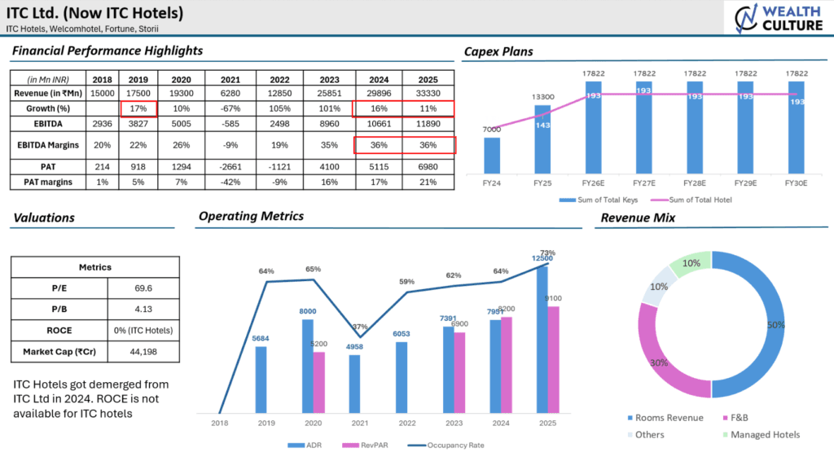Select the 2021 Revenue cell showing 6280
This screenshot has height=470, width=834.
(230, 94)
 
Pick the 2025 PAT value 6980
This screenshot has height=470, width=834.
(428, 167)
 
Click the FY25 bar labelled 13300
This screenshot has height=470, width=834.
(542, 138)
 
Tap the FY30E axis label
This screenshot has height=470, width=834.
(795, 184)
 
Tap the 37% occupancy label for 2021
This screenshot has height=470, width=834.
(360, 327)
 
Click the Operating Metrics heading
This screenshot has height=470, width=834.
(251, 217)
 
